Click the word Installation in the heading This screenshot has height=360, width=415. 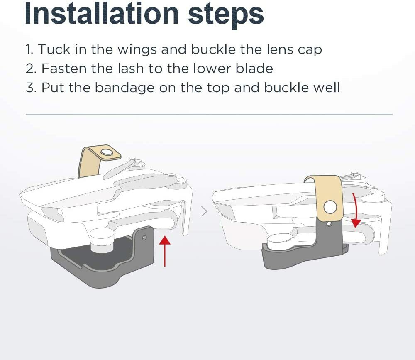(x=102, y=13)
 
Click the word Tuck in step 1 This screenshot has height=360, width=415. (x=54, y=49)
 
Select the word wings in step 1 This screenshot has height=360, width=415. (x=137, y=50)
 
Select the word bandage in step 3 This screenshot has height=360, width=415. (x=124, y=88)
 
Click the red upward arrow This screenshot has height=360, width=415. (x=165, y=251)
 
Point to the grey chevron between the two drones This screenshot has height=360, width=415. (x=204, y=211)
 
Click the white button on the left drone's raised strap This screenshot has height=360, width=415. (x=106, y=152)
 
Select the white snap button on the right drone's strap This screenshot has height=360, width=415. (x=330, y=207)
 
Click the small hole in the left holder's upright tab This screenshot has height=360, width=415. (x=144, y=237)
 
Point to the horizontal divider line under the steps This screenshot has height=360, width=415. (x=209, y=115)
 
